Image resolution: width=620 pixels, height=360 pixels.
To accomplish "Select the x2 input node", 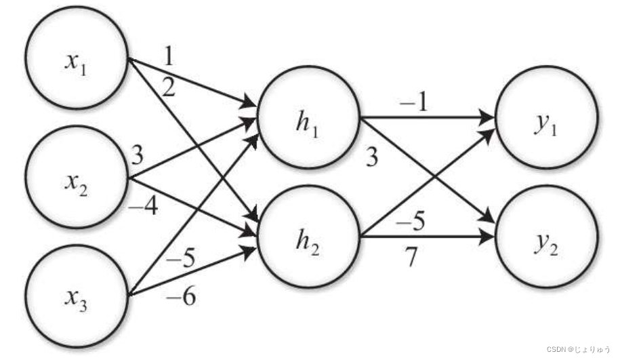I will point(76,180).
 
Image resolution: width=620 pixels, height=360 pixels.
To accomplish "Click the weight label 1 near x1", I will point(168,56).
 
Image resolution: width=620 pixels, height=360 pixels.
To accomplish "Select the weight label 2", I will point(168,86).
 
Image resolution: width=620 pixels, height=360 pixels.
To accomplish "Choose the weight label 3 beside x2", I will point(138,155).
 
